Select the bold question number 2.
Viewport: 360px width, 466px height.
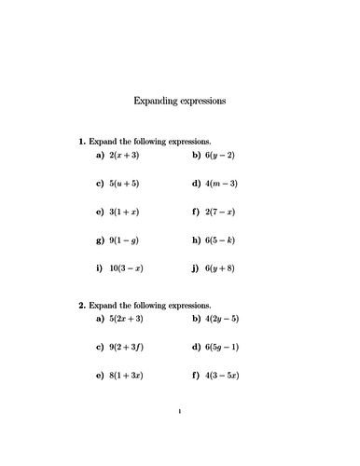(81, 305)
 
